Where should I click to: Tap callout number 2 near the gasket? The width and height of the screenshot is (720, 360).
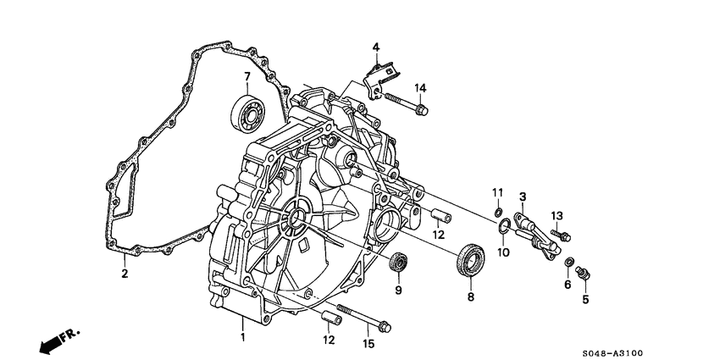coord(124,274)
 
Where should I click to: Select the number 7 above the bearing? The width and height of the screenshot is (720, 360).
coord(247,77)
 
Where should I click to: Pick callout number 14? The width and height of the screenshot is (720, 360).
coord(420,87)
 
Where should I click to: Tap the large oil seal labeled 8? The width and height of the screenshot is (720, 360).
coord(471,259)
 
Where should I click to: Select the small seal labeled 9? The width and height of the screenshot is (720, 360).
coord(397,262)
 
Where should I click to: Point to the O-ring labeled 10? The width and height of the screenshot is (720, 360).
coord(503,225)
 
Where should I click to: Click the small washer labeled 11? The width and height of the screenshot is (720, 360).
coord(499,211)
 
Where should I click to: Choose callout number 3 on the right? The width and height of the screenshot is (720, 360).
coord(523,197)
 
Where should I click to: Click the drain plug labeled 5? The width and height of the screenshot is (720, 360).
coord(583,273)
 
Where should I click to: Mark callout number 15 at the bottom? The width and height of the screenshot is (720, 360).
coord(367,343)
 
